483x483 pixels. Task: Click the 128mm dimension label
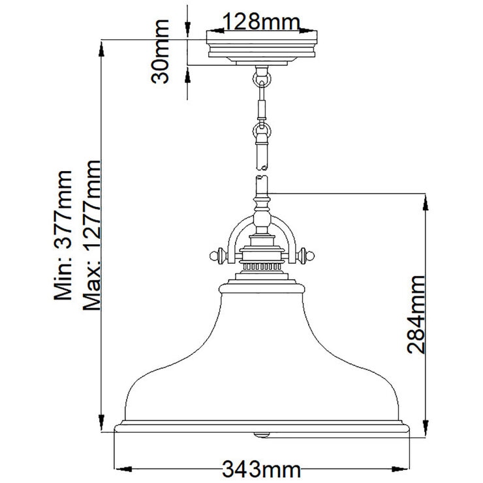point(262,22)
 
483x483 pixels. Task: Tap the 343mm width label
point(261,469)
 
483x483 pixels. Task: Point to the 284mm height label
point(419,315)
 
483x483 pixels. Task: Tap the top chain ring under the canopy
point(262,78)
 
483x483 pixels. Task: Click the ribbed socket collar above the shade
point(262,268)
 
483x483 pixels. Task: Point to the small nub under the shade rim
point(262,433)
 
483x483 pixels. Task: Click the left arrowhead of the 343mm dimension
point(121,469)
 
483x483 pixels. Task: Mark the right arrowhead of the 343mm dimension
point(403,469)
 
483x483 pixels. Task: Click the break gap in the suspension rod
point(262,170)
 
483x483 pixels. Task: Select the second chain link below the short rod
point(262,132)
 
